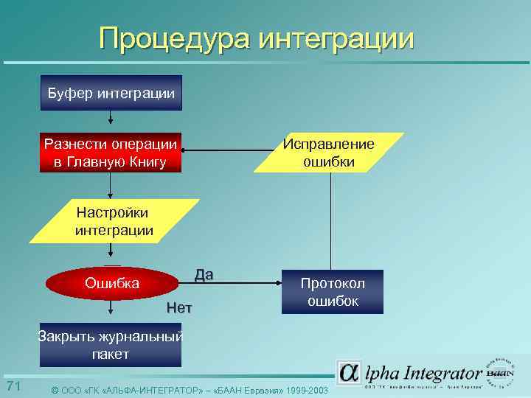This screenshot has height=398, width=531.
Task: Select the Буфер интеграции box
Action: point(111,94)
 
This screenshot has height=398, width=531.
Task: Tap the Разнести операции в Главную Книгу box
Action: point(111,153)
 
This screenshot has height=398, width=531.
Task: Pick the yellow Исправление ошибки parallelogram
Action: point(329,153)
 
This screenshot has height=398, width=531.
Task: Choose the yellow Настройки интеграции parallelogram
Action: point(114,221)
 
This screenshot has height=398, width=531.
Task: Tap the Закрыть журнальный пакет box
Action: point(111,346)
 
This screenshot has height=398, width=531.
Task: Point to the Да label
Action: point(204,276)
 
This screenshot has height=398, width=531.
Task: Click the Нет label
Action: point(179,308)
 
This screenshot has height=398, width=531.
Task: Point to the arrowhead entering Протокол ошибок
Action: point(279,281)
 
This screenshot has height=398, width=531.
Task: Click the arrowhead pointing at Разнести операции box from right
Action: point(185,153)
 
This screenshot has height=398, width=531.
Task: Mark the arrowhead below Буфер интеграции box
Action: point(111,122)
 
